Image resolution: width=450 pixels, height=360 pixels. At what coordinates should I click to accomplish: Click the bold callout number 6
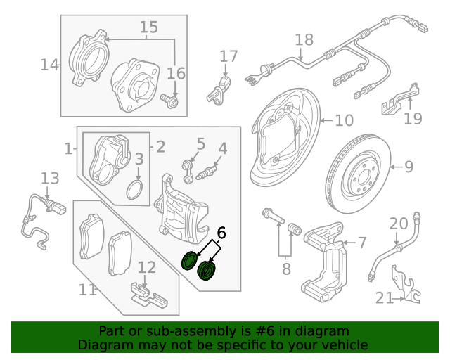click(x=221, y=233)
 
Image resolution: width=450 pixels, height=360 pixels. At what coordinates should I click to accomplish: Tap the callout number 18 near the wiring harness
click(x=304, y=39)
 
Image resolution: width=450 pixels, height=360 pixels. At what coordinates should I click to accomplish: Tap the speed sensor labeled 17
click(x=220, y=91)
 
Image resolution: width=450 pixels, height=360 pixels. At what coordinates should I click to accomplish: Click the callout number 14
click(x=49, y=65)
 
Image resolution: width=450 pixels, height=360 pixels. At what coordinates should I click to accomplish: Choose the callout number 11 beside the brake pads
click(x=87, y=289)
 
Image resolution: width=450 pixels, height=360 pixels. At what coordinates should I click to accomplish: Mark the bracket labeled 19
click(x=398, y=101)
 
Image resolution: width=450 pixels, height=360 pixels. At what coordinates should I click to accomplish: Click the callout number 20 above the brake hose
click(x=399, y=224)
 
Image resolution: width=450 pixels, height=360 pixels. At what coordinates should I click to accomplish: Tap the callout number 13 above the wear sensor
click(x=50, y=178)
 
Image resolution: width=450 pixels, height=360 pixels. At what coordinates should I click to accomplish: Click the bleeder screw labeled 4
click(x=209, y=171)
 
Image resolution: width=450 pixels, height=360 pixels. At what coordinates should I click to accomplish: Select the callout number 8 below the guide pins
click(x=286, y=269)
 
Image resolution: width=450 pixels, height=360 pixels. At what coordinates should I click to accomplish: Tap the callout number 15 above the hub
click(x=148, y=27)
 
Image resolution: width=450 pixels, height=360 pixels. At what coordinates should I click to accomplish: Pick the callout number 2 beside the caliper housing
click(x=160, y=147)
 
